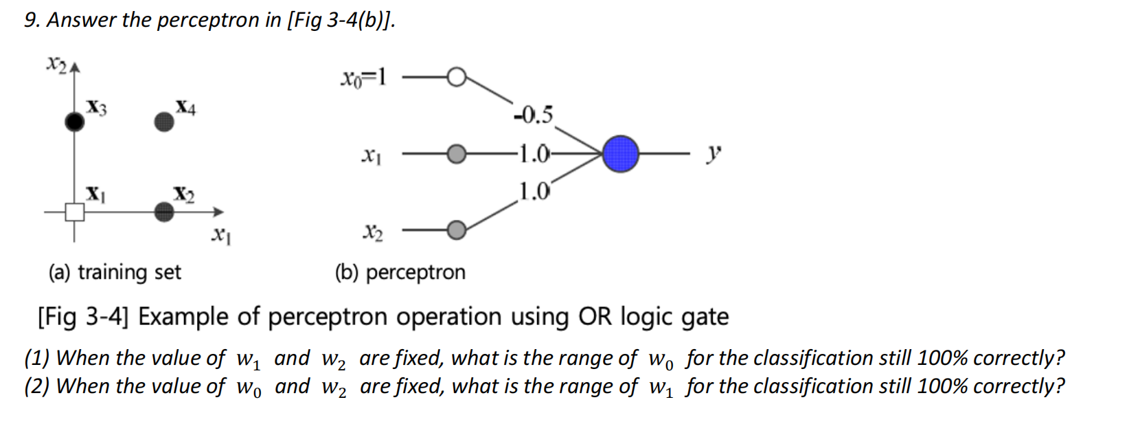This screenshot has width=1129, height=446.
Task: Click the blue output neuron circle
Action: tap(620, 154)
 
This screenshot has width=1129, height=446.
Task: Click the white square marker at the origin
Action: tap(75, 212)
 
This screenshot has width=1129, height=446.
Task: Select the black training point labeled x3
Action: tap(74, 122)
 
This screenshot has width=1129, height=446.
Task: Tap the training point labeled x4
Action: tap(164, 122)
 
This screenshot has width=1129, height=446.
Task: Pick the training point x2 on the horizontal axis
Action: tap(164, 212)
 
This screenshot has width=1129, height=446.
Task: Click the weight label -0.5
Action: tap(534, 115)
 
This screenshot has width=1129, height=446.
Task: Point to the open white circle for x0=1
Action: tap(456, 77)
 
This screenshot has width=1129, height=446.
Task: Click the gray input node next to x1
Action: tap(456, 155)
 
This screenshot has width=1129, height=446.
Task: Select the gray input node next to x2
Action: tap(456, 230)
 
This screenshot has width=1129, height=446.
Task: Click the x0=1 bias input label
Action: tap(363, 78)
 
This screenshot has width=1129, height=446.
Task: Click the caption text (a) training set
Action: tap(114, 272)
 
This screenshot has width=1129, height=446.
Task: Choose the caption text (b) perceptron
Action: tap(400, 272)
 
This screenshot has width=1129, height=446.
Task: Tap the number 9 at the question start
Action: tap(30, 20)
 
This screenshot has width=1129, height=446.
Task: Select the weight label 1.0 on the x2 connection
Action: tap(534, 190)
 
